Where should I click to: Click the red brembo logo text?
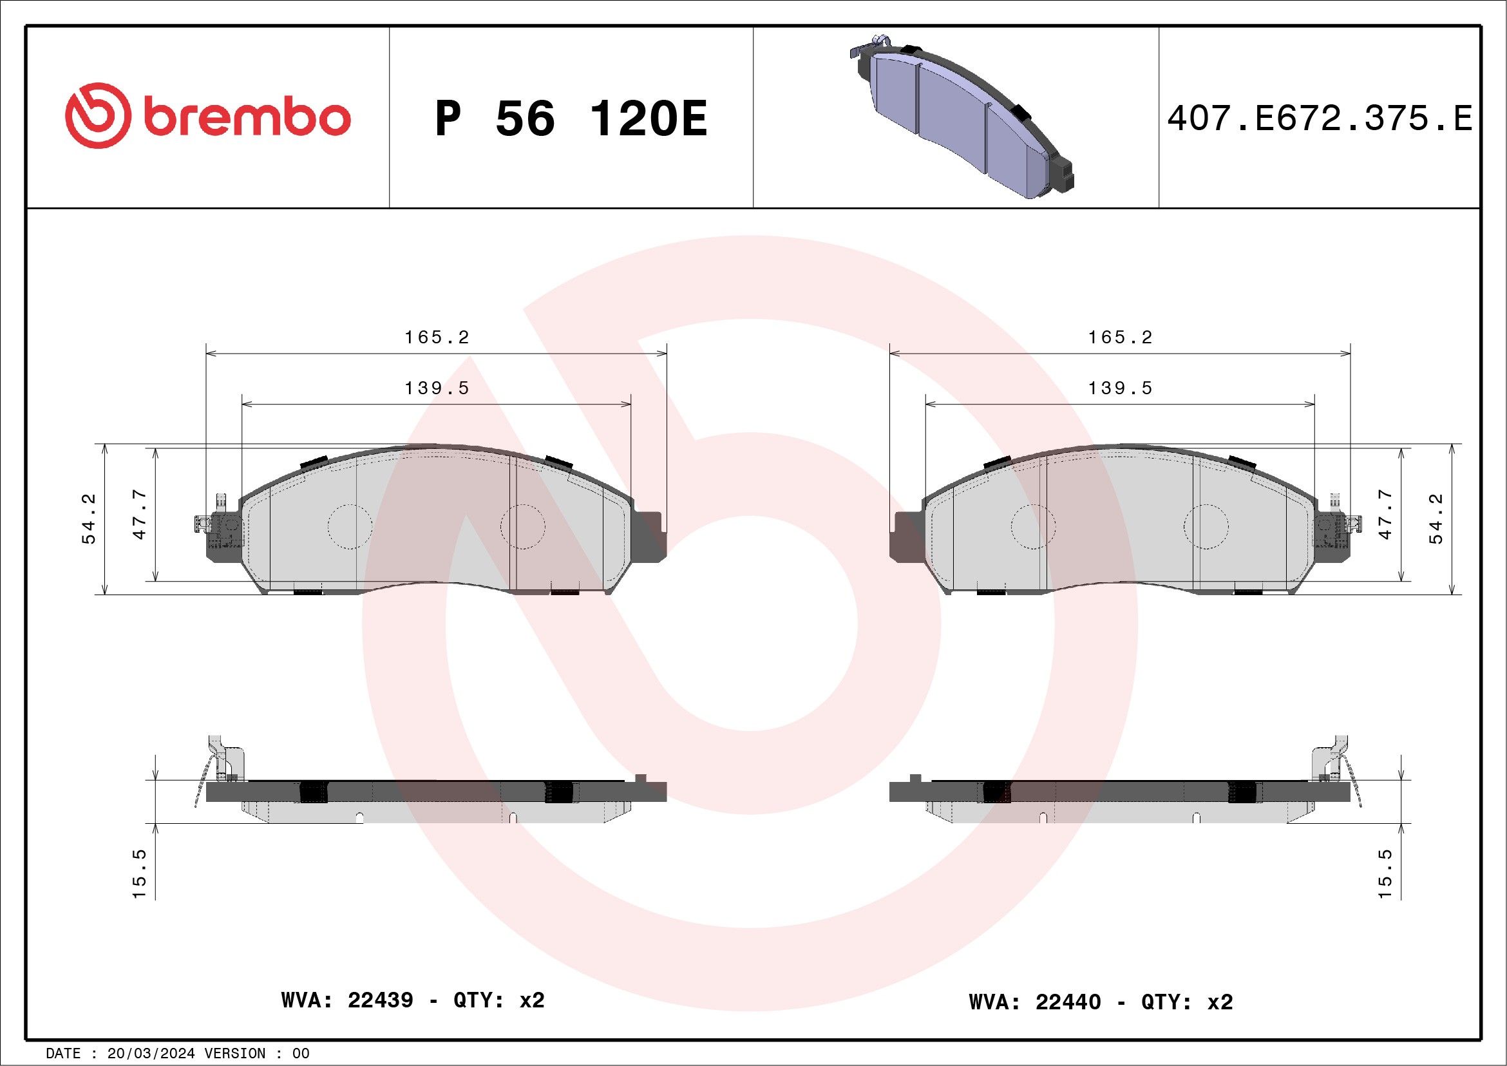(247, 118)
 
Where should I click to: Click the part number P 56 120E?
(571, 119)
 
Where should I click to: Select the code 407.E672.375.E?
(1320, 119)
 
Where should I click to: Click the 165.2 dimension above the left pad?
(437, 338)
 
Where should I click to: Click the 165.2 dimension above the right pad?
(1121, 338)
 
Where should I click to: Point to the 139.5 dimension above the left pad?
(437, 388)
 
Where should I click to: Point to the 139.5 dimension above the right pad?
(1121, 388)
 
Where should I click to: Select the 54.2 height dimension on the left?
(89, 519)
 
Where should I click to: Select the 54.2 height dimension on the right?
(1437, 519)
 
